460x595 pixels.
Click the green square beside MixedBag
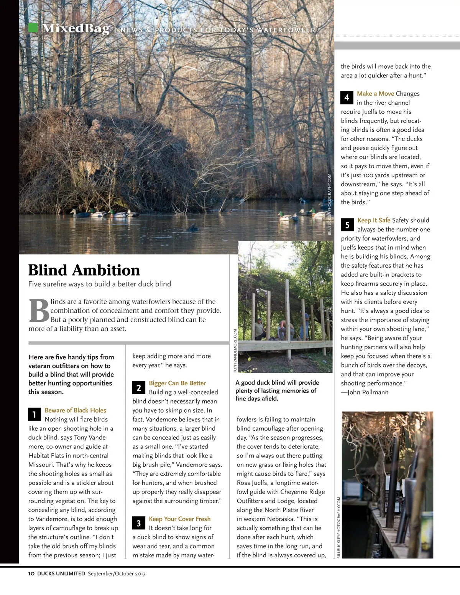[x=33, y=28]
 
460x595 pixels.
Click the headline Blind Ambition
[x=84, y=270]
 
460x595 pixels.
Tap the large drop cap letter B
[x=39, y=311]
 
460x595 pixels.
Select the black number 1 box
[x=34, y=414]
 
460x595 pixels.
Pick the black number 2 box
[x=139, y=388]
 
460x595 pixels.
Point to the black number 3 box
[x=139, y=523]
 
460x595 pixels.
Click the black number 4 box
[x=347, y=98]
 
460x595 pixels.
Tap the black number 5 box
[x=347, y=225]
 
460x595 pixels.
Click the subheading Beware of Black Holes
[x=75, y=410]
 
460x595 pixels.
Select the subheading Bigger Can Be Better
[x=177, y=383]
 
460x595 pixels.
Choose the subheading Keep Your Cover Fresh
[x=179, y=519]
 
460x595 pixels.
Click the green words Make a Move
[x=375, y=94]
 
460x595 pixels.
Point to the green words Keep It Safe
[x=374, y=220]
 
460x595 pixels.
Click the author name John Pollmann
[x=368, y=392]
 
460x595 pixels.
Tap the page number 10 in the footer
[x=31, y=574]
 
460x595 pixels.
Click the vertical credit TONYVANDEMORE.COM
[x=235, y=350]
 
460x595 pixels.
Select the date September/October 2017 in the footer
[x=117, y=574]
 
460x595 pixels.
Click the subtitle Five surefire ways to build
[x=100, y=284]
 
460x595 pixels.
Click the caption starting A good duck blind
[x=277, y=390]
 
